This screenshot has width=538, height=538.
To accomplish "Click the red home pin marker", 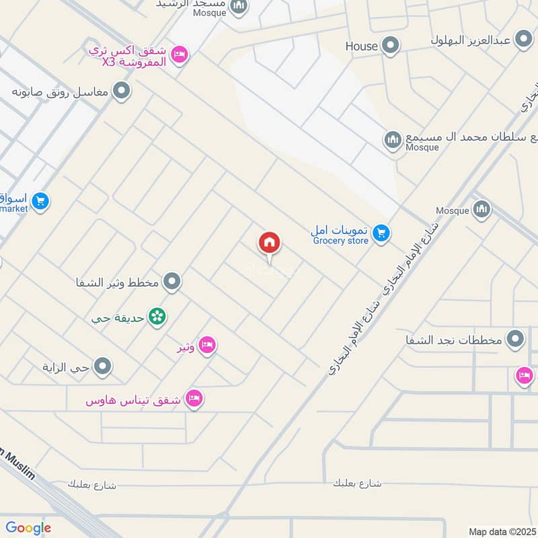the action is point(270,243).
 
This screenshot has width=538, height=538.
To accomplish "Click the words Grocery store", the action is point(340,240).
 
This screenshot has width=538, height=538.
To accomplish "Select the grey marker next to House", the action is point(390,46).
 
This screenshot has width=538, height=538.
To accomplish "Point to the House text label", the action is point(362,46).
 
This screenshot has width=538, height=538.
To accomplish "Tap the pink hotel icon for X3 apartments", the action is point(179,54).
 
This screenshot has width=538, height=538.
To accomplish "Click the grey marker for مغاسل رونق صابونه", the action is point(121,90).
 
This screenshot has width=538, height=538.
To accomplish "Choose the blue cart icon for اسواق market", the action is point(40,201).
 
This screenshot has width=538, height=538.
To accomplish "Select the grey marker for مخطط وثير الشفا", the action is point(172,282).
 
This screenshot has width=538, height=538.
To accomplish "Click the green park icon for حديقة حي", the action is point(157,315).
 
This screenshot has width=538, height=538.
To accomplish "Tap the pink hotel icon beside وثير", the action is point(208,346).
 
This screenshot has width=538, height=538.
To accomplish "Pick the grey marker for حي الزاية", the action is point(103,367).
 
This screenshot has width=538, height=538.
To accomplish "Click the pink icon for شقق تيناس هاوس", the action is point(194,399).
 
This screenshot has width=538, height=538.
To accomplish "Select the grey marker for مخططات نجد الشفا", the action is point(516,338).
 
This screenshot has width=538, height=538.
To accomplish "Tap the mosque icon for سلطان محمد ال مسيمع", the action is point(393,141).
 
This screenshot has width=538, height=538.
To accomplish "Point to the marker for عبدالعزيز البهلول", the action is point(523,40).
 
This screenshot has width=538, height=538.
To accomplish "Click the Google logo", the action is point(28,528).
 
